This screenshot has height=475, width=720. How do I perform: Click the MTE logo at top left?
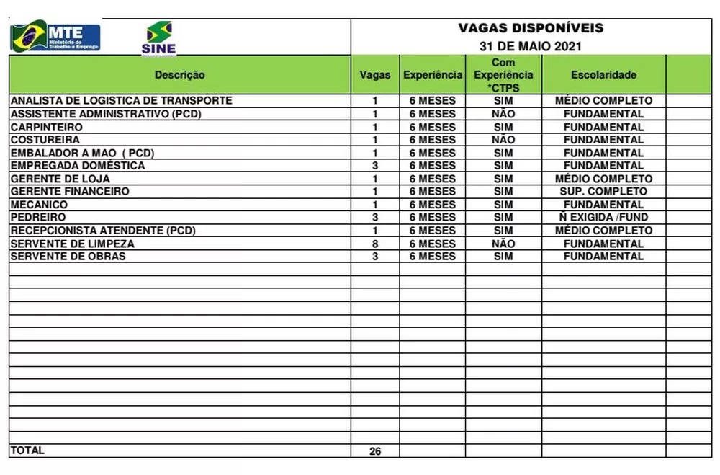[55, 36]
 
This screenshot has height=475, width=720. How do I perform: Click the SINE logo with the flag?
[159, 37]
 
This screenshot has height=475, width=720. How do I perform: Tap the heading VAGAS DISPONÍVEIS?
[531, 29]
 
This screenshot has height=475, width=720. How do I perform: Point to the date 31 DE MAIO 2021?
[531, 47]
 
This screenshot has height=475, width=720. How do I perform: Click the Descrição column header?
[179, 75]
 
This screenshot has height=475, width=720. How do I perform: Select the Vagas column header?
[375, 75]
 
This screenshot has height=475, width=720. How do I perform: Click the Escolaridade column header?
[603, 75]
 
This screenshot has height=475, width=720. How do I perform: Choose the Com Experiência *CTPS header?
[503, 75]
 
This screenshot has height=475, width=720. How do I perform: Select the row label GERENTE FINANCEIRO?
[70, 192]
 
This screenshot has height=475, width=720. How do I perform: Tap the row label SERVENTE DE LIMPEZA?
[72, 244]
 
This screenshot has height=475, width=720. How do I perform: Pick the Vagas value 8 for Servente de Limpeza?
[375, 244]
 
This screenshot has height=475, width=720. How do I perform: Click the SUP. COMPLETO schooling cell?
[603, 192]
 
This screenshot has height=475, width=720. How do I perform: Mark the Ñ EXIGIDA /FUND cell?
[603, 218]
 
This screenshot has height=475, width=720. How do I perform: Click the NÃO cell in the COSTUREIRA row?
[503, 140]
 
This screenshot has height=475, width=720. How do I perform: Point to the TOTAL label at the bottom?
[27, 450]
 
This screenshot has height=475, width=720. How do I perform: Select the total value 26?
[375, 451]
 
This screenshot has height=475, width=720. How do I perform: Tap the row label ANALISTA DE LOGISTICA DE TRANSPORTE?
[121, 101]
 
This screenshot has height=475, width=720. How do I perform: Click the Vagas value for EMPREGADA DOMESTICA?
[375, 166]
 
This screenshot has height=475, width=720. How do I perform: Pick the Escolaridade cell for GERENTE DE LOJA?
[603, 179]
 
